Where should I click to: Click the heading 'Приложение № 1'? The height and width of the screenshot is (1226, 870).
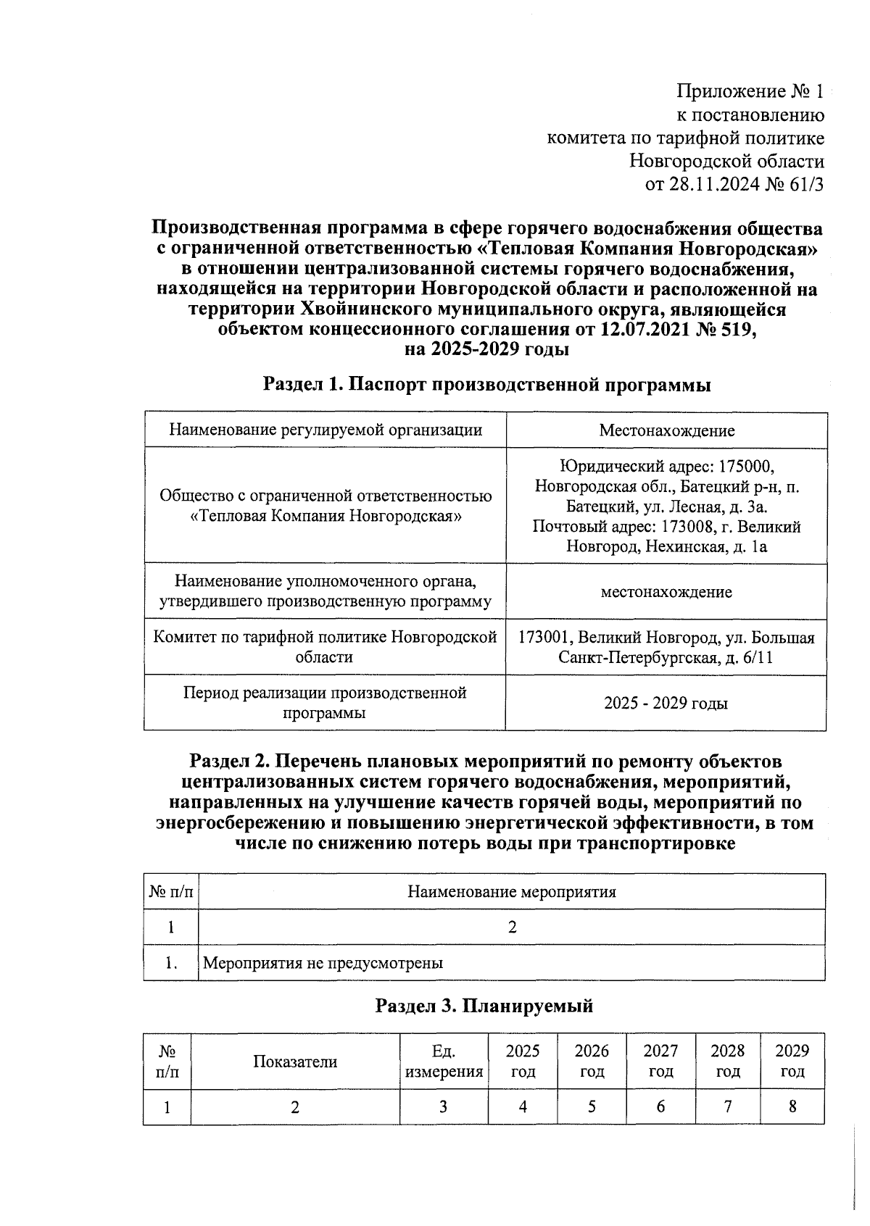click(750, 91)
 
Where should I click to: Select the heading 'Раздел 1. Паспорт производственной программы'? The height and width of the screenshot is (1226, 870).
click(486, 384)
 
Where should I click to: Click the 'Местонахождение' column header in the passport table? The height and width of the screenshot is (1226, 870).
click(666, 430)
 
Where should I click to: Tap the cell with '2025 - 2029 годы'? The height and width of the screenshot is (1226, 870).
click(666, 703)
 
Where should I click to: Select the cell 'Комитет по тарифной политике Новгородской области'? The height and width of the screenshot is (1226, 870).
click(325, 647)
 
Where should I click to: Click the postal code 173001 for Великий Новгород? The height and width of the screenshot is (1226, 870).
click(547, 638)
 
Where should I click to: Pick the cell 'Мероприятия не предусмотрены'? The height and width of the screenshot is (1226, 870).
click(323, 963)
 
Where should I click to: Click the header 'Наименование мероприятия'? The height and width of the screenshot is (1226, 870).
click(511, 891)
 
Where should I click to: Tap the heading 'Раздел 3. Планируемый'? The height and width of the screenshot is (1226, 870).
click(484, 1006)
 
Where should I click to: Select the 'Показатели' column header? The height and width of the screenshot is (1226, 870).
click(295, 1062)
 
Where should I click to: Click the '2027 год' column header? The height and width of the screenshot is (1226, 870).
click(660, 1061)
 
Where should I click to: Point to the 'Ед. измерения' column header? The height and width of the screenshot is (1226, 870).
click(444, 1061)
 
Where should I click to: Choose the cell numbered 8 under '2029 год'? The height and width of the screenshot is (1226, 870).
click(792, 1106)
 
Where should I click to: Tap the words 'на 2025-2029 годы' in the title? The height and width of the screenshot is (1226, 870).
click(486, 349)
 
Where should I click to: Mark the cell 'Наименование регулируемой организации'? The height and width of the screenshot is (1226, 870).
click(325, 430)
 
